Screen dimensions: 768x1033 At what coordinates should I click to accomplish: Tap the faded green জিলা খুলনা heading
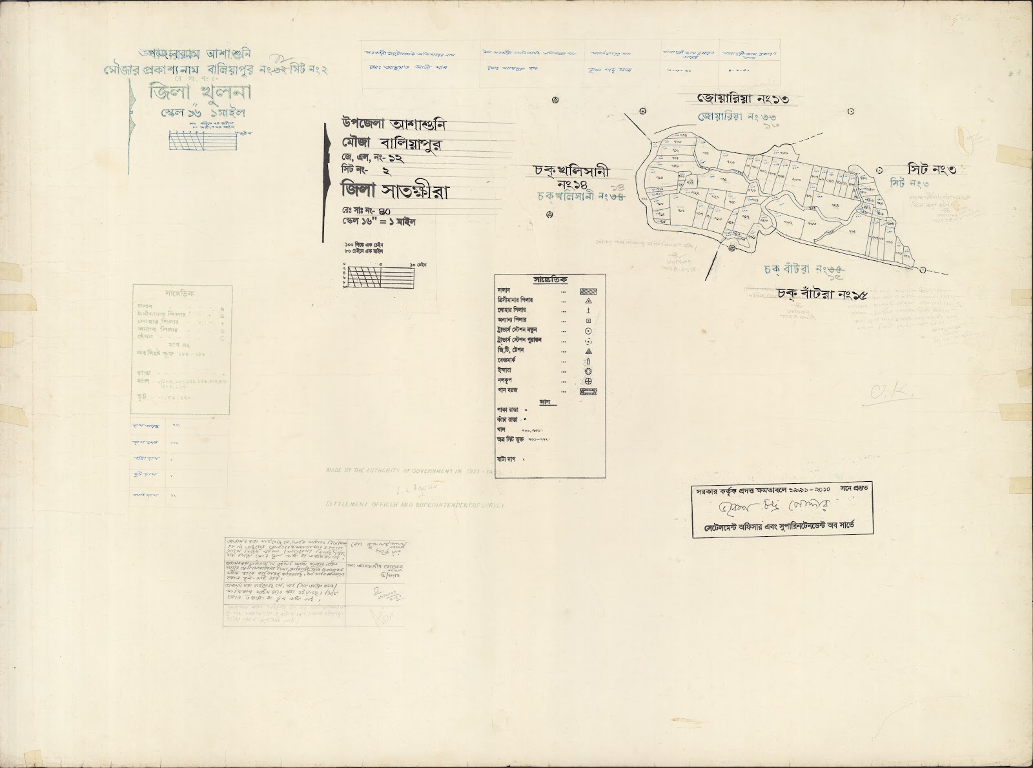point(192,92)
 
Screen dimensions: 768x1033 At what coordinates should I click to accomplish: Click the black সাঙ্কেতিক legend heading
point(550,280)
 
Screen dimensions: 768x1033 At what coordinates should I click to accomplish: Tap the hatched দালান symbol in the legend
point(588,291)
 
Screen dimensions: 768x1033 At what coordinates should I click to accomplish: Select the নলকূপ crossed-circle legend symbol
point(588,382)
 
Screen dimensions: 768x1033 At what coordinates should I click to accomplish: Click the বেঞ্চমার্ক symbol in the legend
point(588,361)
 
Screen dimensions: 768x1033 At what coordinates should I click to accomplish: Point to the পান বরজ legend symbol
point(588,391)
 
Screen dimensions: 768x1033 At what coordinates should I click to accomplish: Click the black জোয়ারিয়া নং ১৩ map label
point(742,99)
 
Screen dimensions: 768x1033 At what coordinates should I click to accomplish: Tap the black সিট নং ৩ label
point(932,169)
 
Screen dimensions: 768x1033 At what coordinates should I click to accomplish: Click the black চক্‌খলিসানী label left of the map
point(571,172)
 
